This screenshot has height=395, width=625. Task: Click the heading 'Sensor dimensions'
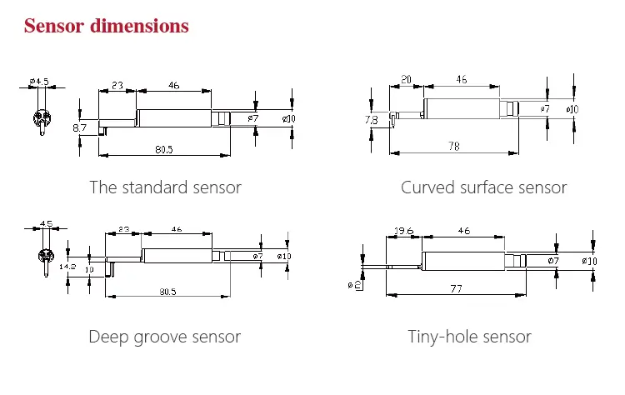pos(107,26)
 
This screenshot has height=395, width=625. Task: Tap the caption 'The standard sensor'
pos(165,187)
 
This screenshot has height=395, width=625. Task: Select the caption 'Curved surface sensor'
pos(483,187)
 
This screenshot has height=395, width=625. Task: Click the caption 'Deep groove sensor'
pos(164,337)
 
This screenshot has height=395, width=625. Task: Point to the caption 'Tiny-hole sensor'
pos(469,337)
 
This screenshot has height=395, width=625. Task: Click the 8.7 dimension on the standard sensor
pos(80,127)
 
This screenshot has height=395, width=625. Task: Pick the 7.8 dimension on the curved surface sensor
pos(372,120)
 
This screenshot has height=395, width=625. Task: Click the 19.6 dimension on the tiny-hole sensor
pos(403,230)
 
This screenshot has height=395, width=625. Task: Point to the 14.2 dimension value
pos(69,267)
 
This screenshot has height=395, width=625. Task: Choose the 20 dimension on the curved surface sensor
pos(406,79)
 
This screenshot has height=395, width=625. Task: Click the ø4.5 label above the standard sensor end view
pos(39,81)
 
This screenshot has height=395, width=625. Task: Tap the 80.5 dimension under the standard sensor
pos(164,150)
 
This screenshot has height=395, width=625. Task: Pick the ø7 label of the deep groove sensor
pos(257,256)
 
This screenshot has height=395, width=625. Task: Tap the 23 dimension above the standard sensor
pos(117,84)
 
